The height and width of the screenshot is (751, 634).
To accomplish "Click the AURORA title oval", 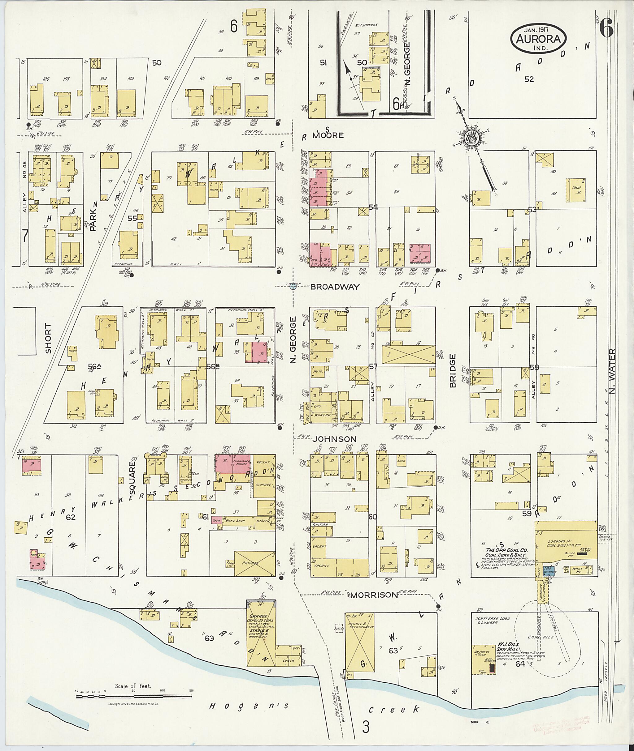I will click(x=538, y=39).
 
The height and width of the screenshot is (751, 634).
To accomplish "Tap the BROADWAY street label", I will click(x=335, y=287).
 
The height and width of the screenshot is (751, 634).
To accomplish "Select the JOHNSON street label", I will click(x=334, y=439).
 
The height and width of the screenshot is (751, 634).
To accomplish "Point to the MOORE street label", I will click(x=328, y=135).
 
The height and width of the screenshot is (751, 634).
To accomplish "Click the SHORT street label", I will click(x=49, y=338).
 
